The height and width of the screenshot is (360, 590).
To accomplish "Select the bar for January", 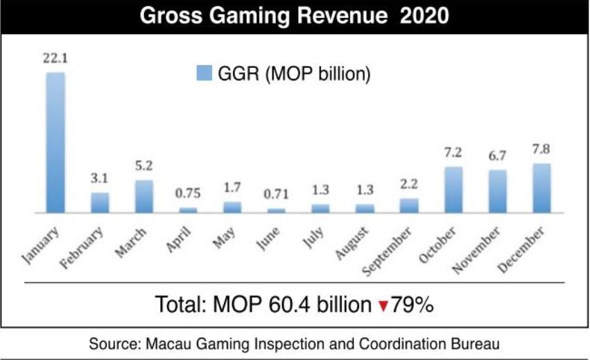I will click(x=55, y=142).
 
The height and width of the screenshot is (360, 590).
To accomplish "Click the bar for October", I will click(x=453, y=189).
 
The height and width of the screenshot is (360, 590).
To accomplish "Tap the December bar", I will click(x=541, y=188).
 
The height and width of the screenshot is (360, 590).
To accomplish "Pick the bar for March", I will click(x=144, y=196).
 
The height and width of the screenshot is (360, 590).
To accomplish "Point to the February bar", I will click(x=100, y=202).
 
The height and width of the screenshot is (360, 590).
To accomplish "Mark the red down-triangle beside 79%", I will click(x=382, y=306).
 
